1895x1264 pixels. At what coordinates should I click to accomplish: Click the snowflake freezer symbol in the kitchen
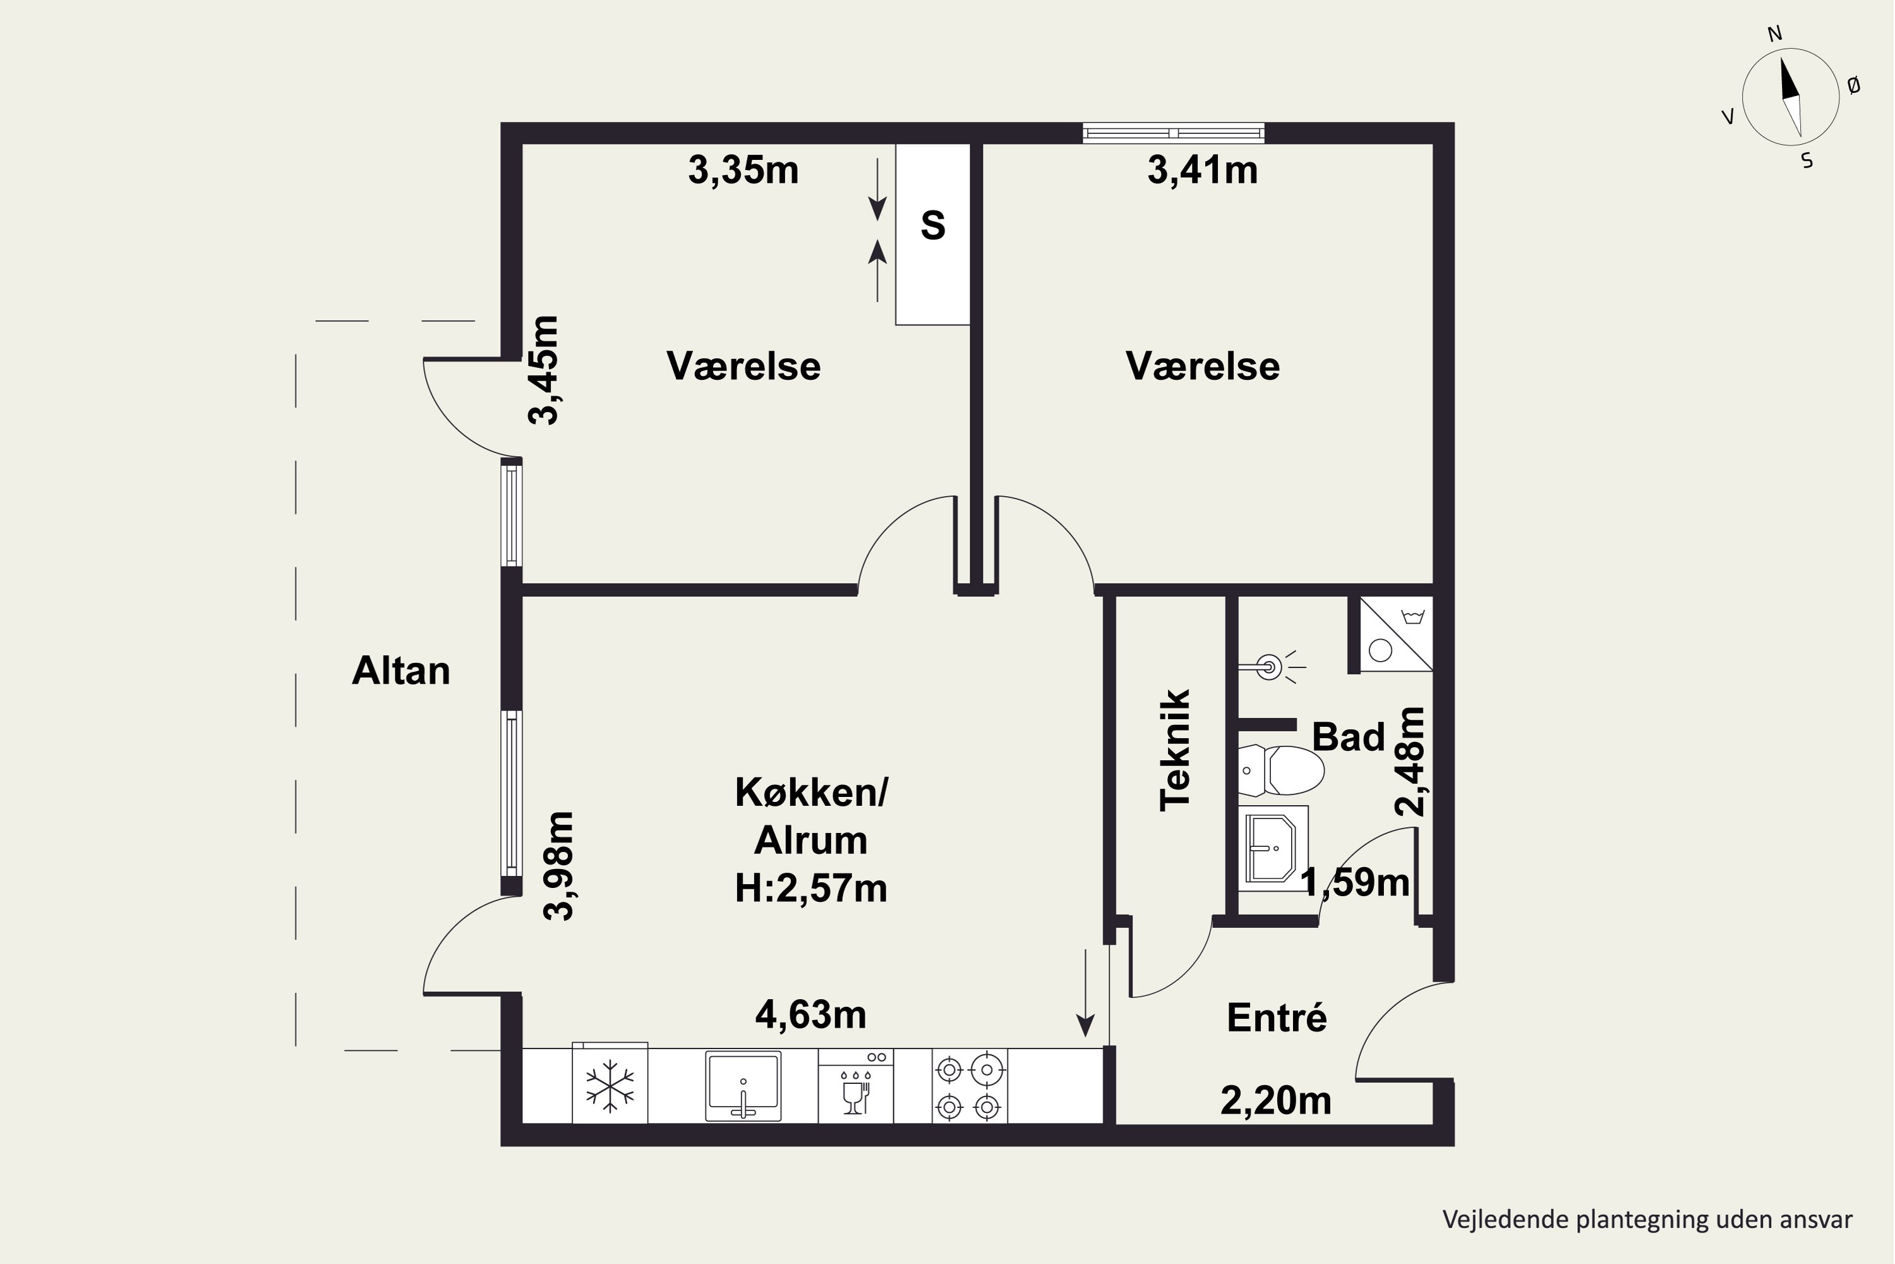tap(610, 1085)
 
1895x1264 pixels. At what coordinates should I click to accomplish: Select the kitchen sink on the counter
tap(743, 1086)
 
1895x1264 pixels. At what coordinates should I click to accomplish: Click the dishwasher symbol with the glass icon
tap(856, 1086)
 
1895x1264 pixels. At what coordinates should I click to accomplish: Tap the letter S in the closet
tap(932, 225)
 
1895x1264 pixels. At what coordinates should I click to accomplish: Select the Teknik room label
tap(1175, 750)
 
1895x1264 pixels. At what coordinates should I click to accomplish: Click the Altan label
tap(400, 671)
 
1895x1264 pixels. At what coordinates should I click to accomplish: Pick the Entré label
tap(1276, 1018)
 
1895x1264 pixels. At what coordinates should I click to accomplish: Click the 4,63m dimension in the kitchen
tap(810, 1015)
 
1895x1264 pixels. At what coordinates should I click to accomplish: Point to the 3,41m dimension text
tap(1202, 171)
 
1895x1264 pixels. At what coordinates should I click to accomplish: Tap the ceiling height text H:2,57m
tap(810, 889)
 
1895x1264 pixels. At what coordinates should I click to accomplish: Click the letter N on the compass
tap(1775, 34)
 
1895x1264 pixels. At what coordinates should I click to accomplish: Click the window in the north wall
tap(1173, 133)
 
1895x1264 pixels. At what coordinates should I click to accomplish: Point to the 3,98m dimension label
tap(558, 865)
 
